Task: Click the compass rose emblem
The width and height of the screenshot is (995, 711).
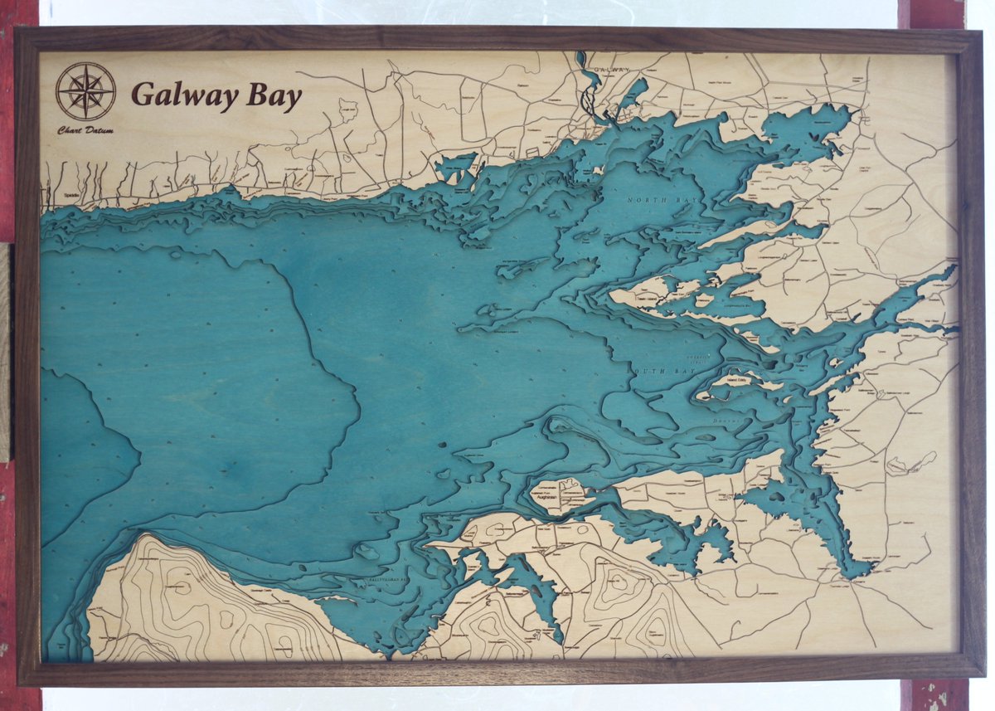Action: coord(85,91)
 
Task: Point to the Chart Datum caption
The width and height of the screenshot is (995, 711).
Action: coord(85,130)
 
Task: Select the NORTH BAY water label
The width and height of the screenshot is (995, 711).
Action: coord(652,201)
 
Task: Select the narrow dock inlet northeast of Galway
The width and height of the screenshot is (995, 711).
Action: coord(634,91)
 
